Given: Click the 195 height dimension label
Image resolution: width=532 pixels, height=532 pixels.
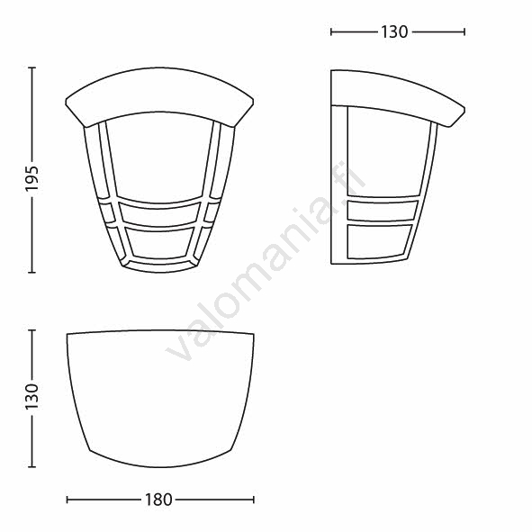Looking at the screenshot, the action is point(32,179).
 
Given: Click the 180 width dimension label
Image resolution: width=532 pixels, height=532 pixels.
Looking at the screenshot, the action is point(158,500).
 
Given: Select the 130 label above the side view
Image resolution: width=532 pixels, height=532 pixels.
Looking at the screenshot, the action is point(394,32).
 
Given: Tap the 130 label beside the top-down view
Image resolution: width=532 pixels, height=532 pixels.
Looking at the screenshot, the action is point(32,397).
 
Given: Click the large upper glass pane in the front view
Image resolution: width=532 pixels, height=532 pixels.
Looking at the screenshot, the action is point(160,156).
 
